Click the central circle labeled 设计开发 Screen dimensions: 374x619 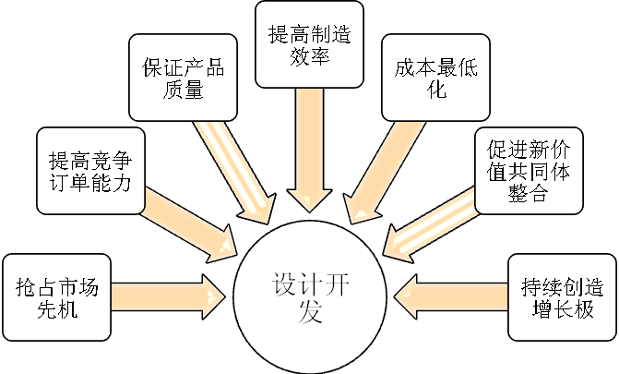point(309,295)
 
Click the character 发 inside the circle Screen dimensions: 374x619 point(310,311)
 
